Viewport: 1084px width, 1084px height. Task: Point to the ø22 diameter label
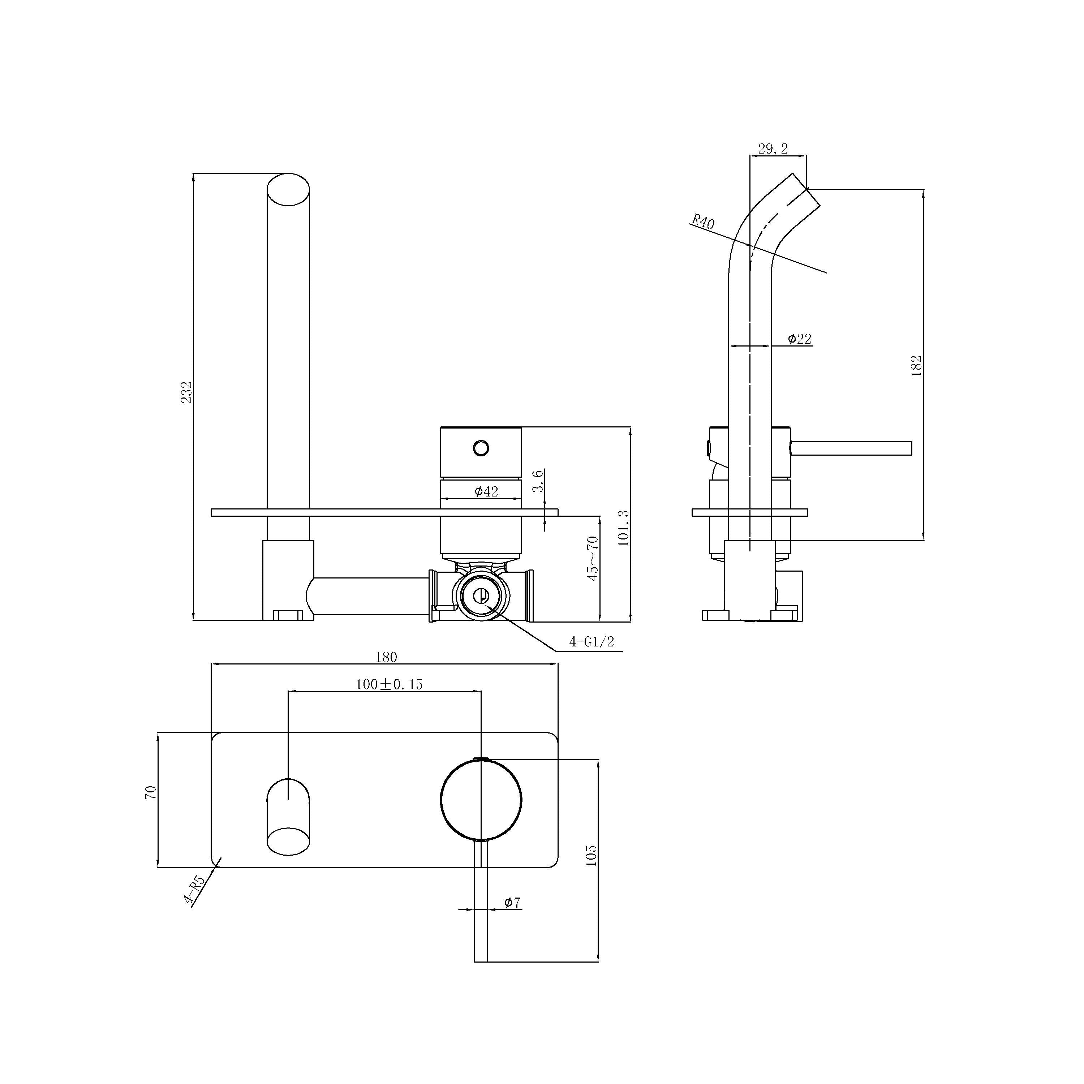pyautogui.click(x=799, y=339)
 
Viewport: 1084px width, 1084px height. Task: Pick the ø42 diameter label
pyautogui.click(x=486, y=491)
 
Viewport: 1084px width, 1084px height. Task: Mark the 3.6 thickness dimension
pyautogui.click(x=538, y=481)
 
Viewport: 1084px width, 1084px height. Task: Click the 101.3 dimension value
pyautogui.click(x=623, y=528)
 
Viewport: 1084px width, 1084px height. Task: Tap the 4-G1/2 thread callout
pyautogui.click(x=592, y=642)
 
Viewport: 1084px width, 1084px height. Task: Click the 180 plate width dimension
pyautogui.click(x=386, y=657)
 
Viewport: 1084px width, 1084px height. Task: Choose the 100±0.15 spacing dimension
pyautogui.click(x=389, y=684)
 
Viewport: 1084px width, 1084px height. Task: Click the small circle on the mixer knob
pyautogui.click(x=481, y=448)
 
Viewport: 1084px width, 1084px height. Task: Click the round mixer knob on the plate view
pyautogui.click(x=481, y=800)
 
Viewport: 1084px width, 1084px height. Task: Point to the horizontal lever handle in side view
pyautogui.click(x=851, y=448)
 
